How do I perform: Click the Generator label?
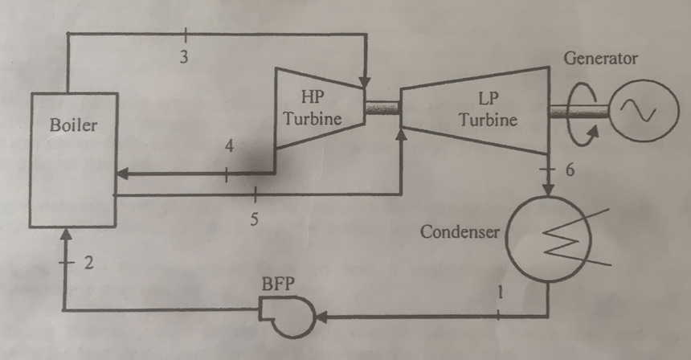point(601,59)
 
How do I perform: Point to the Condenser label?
point(460,232)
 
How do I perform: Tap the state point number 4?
point(229,147)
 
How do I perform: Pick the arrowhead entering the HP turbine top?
point(366,81)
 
